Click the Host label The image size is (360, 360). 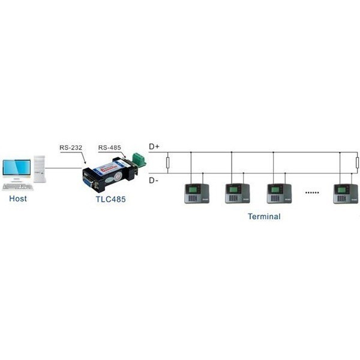[x=18, y=199]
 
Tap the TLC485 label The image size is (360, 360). [x=110, y=199]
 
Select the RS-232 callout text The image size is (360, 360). [x=71, y=148]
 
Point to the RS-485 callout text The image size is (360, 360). [x=110, y=148]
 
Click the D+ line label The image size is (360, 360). [x=154, y=146]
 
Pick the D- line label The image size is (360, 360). [x=154, y=181]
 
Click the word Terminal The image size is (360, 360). [x=264, y=216]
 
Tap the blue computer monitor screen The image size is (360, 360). [x=17, y=167]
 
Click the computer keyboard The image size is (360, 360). [x=17, y=187]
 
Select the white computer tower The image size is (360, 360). [x=40, y=169]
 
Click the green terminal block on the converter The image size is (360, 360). [x=139, y=159]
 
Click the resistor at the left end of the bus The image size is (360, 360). [x=168, y=163]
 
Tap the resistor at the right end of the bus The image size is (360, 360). [x=357, y=163]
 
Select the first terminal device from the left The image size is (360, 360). [x=197, y=194]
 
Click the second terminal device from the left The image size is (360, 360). [x=238, y=194]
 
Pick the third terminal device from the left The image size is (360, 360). [x=279, y=194]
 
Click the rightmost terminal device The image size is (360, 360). [x=346, y=194]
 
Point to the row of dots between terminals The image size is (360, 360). [x=312, y=193]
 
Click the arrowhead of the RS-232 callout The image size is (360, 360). [x=85, y=162]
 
